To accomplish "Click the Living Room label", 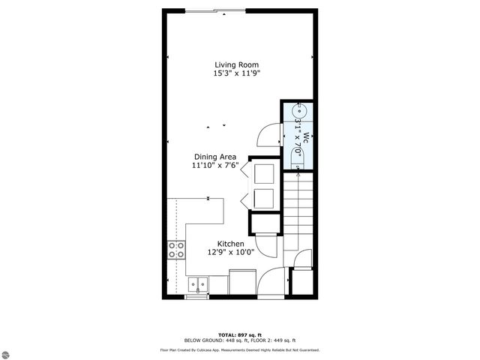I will tap(237, 64).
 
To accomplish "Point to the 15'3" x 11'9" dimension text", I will tap(237, 74).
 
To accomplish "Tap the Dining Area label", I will tap(214, 157).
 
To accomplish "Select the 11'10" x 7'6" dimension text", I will tap(214, 166).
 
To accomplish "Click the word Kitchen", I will tap(231, 244).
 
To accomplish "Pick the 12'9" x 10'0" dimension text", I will tap(231, 253).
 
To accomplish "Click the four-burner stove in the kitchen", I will tap(177, 250).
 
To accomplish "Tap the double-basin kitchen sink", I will tap(198, 284).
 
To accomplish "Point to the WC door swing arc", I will tap(266, 135).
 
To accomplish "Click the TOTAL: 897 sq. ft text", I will tap(239, 335).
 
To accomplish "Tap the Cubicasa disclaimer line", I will tap(239, 349).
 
